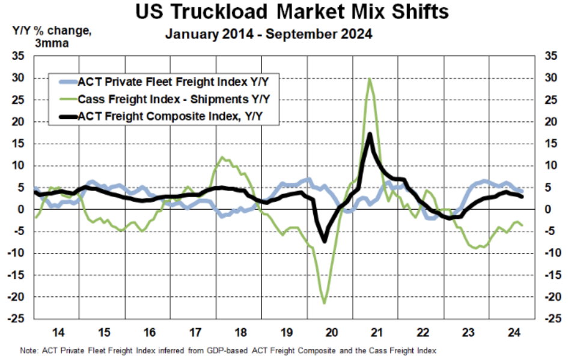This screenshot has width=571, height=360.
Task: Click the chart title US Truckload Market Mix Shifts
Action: (285, 12)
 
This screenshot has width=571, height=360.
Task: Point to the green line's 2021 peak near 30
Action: (368, 79)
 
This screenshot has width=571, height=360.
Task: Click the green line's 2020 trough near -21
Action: (325, 303)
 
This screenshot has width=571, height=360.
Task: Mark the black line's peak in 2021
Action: (370, 134)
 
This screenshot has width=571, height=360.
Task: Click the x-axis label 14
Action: (58, 332)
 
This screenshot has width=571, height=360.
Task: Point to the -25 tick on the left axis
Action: (18, 319)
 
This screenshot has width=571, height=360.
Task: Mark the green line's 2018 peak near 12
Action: (223, 157)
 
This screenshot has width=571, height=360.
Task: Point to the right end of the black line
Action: (522, 196)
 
